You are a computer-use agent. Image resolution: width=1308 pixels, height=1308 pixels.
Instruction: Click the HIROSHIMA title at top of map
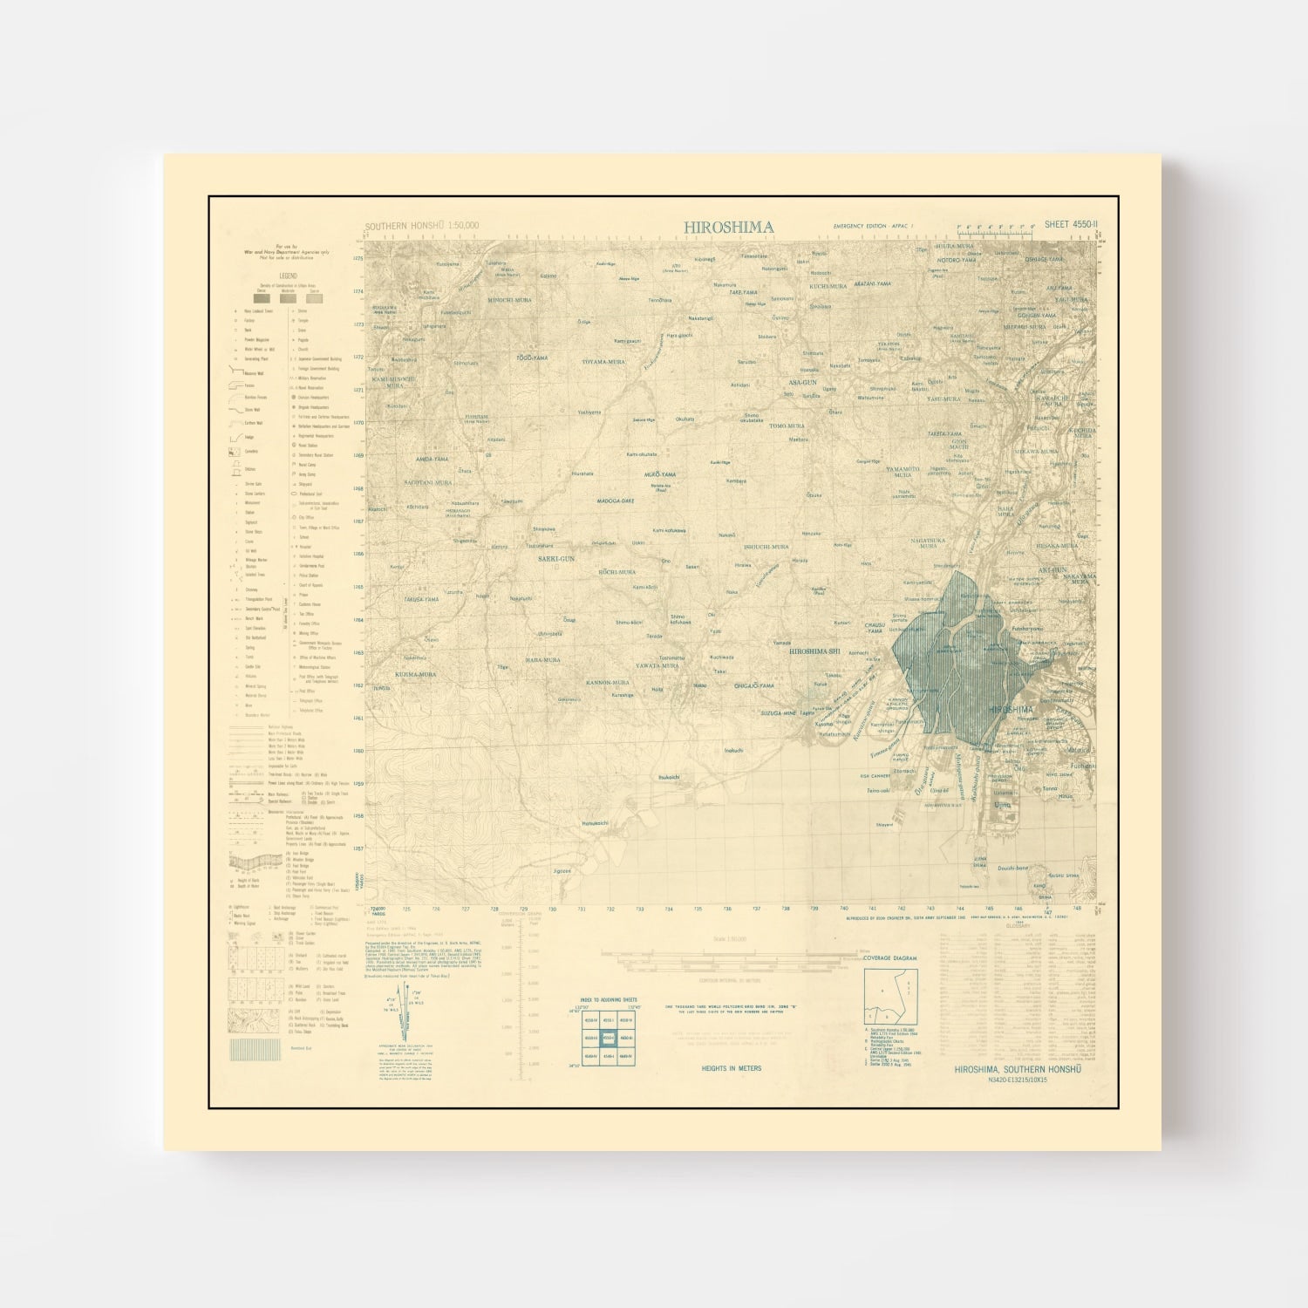pos(728,227)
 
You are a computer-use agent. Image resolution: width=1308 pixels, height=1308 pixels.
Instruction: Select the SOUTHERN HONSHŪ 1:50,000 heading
pos(421,227)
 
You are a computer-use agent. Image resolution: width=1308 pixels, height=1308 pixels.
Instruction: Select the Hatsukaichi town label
pos(599,822)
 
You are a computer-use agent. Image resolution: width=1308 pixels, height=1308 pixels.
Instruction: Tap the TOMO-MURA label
pos(787,426)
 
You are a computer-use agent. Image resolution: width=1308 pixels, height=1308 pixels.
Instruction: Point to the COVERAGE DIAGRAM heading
pos(890,957)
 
